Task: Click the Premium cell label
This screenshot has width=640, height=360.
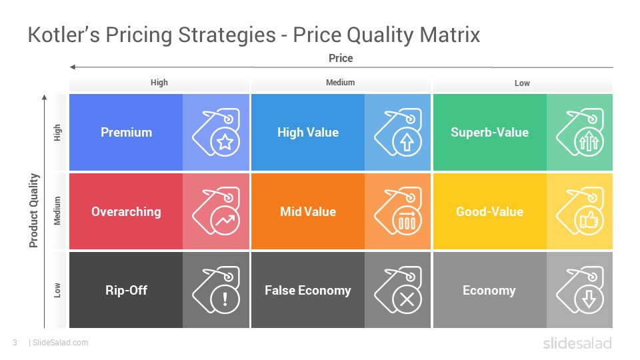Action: click(126, 132)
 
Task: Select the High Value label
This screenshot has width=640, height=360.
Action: click(308, 132)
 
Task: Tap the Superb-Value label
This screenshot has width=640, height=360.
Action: click(489, 132)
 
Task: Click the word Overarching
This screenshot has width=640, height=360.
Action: click(126, 211)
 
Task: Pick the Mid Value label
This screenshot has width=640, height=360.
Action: click(308, 211)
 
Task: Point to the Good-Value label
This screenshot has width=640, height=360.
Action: click(489, 211)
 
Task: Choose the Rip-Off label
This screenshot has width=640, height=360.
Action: click(126, 290)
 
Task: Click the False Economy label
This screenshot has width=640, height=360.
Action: click(308, 290)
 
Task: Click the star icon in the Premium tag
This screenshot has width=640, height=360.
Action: click(225, 142)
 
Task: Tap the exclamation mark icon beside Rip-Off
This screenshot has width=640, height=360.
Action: click(225, 299)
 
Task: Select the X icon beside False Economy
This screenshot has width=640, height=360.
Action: click(407, 299)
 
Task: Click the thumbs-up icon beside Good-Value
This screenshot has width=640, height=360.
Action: click(589, 221)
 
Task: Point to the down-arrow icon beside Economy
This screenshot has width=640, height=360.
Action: click(589, 299)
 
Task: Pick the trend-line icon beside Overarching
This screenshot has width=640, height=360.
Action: click(225, 221)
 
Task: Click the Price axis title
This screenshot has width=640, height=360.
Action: click(341, 59)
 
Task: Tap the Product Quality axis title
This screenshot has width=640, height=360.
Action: click(33, 211)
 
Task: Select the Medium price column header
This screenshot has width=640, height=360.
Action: click(341, 83)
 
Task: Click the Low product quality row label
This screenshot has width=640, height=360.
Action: click(57, 290)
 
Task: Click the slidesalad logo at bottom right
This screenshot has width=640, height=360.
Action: click(577, 343)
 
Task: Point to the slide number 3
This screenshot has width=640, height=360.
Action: click(15, 343)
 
